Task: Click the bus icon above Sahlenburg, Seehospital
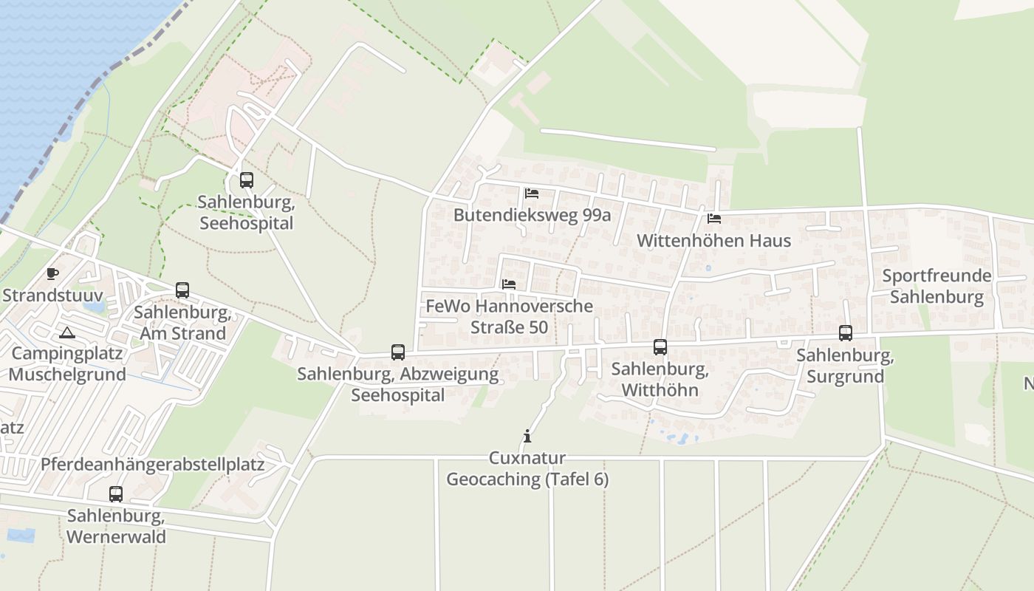tap(246, 180)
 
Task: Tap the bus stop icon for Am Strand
tap(182, 290)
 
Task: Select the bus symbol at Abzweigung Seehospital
tap(398, 352)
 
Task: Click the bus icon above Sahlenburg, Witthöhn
tap(660, 347)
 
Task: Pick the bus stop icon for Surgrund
tap(846, 333)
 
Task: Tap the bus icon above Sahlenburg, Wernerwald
tap(116, 493)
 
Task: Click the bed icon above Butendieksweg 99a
tap(532, 194)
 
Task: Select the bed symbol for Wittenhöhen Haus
tap(714, 219)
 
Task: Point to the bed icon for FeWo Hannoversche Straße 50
tap(509, 284)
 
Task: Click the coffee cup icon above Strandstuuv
tap(52, 274)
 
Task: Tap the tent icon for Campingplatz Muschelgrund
tap(67, 332)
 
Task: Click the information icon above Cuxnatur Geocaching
tap(527, 436)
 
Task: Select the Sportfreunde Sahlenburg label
tap(937, 287)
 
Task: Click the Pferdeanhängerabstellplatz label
tap(153, 465)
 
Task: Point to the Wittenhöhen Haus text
tap(713, 241)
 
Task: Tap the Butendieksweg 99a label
tap(532, 215)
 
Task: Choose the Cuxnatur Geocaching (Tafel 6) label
tap(527, 469)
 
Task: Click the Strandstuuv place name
tap(52, 295)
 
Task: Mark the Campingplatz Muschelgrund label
tap(67, 363)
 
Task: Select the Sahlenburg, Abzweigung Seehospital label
tap(397, 384)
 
